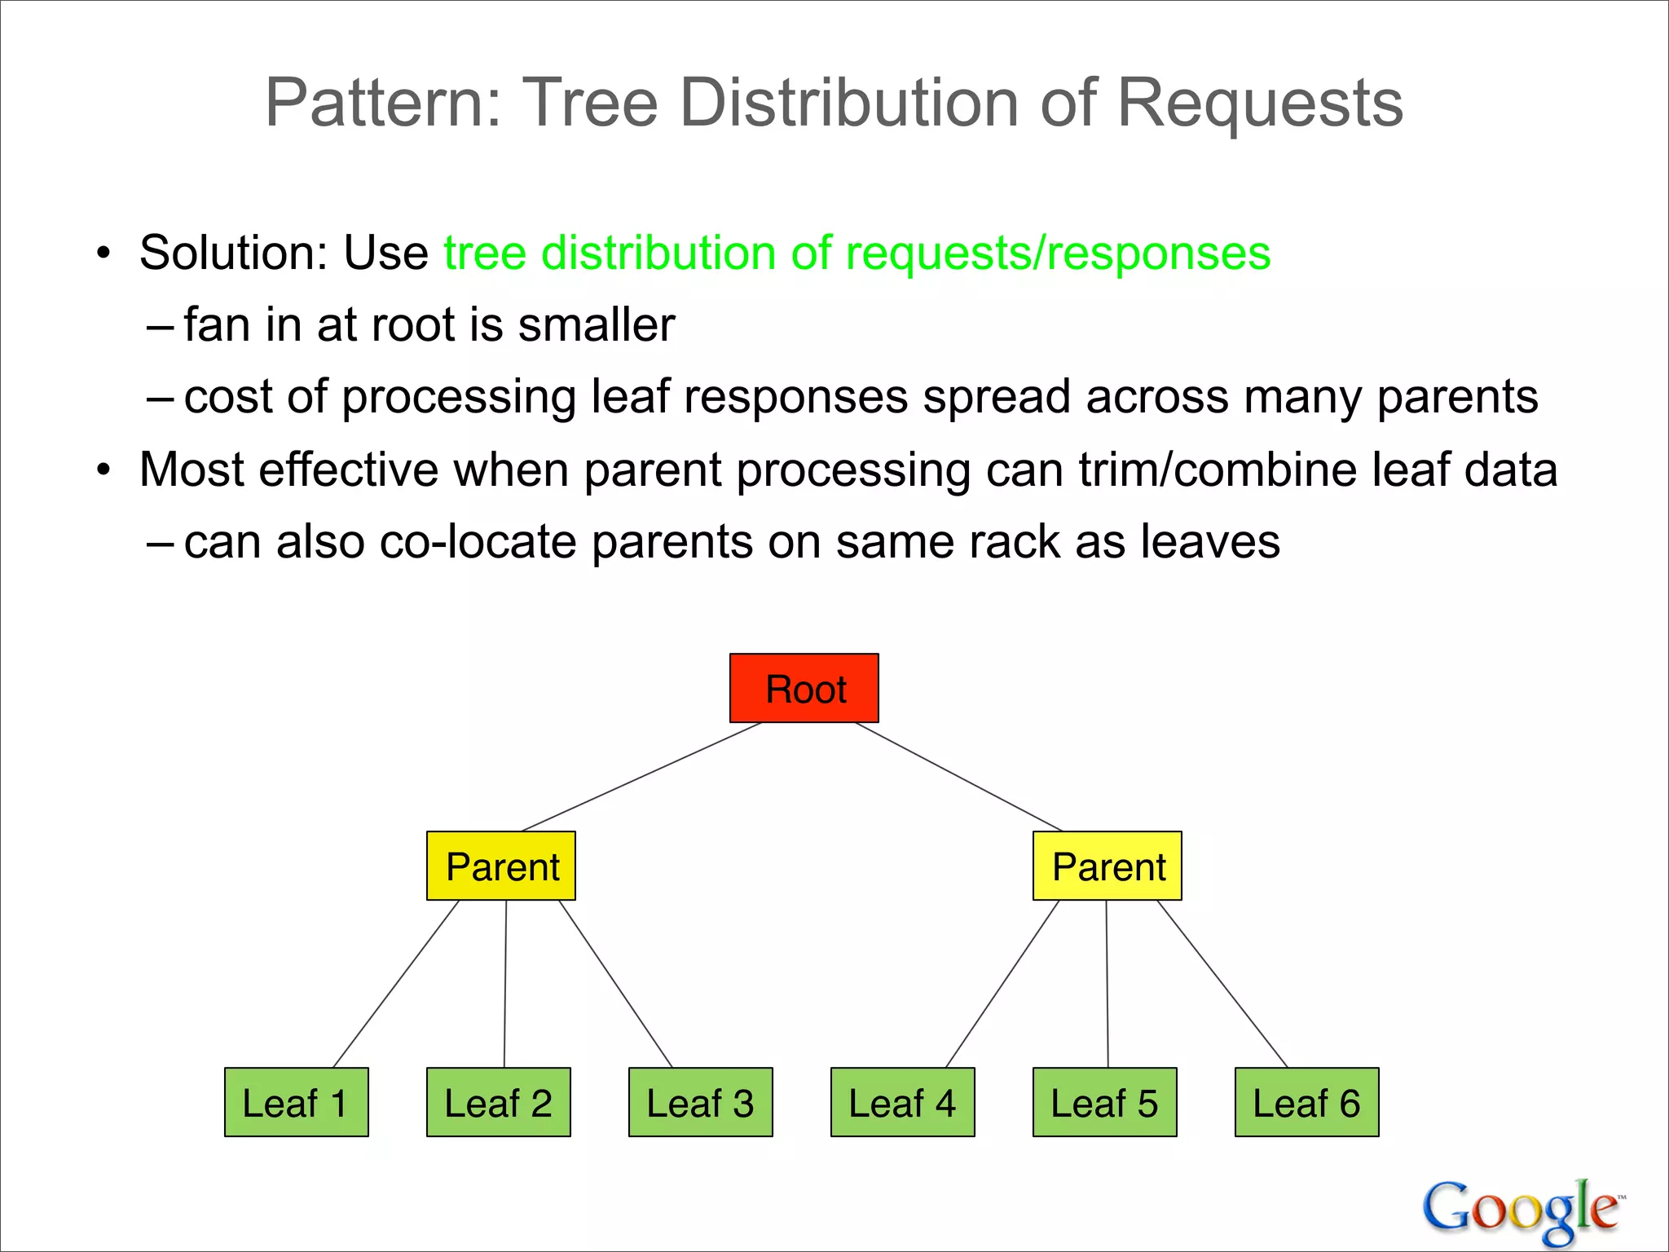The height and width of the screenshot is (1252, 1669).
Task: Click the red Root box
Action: tap(804, 688)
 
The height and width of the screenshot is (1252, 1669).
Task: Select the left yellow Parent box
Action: tap(500, 866)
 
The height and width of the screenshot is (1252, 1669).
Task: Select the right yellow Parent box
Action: tap(1107, 866)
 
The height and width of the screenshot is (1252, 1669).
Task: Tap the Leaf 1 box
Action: tap(296, 1102)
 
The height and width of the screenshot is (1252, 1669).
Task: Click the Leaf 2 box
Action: tap(498, 1102)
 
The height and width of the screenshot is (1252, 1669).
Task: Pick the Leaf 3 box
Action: tap(700, 1102)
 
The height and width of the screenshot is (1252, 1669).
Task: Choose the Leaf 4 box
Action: tap(902, 1102)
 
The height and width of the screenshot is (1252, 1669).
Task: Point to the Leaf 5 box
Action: tap(1104, 1102)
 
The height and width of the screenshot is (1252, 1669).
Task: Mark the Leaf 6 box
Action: tap(1306, 1102)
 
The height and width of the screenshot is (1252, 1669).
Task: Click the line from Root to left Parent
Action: tap(641, 777)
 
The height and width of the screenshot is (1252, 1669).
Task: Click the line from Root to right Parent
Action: tap(958, 777)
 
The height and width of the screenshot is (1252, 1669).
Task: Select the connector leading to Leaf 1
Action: tap(396, 984)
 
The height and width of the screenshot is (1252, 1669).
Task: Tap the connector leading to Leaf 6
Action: tap(1222, 984)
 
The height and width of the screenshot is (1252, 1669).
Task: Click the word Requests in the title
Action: tap(1259, 104)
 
